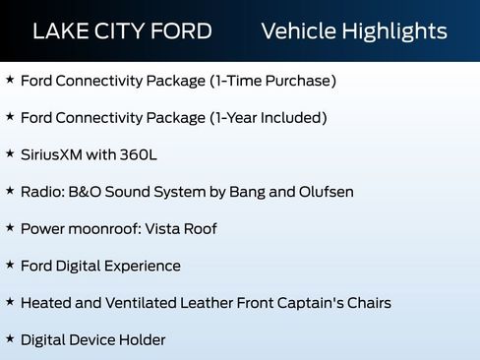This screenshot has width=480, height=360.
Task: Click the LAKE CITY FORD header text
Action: [x=122, y=30]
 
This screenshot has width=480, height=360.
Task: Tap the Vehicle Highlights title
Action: [x=354, y=30]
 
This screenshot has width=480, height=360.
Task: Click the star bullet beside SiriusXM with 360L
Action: [x=10, y=154]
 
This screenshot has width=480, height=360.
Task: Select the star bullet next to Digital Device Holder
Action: [x=10, y=339]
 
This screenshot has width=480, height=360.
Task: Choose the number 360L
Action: [x=139, y=154]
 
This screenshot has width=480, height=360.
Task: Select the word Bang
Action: [x=249, y=192]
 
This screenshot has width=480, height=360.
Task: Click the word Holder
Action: [x=142, y=339]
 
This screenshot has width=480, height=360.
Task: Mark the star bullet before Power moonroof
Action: [x=10, y=228]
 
